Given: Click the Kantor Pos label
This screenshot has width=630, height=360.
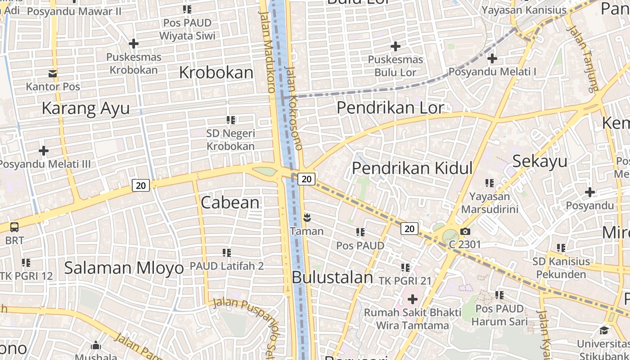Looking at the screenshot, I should pyautogui.click(x=53, y=86).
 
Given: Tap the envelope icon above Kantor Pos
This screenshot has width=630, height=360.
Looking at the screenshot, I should pyautogui.click(x=53, y=73).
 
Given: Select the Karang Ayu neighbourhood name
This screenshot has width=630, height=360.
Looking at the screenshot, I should pyautogui.click(x=85, y=108).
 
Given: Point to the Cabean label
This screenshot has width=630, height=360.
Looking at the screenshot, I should pyautogui.click(x=230, y=202).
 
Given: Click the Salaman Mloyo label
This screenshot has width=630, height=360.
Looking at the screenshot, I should pyautogui.click(x=124, y=268).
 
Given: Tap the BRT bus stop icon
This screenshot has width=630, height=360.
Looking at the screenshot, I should pyautogui.click(x=14, y=227).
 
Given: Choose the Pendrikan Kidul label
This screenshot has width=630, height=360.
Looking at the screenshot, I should pyautogui.click(x=412, y=168).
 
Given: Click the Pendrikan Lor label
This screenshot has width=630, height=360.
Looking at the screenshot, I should pyautogui.click(x=390, y=108).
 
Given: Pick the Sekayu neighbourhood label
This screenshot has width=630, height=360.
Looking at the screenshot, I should pyautogui.click(x=540, y=161).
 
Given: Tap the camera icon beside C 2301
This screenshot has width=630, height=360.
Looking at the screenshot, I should pyautogui.click(x=465, y=232).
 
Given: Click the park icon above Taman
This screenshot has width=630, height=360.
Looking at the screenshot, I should pyautogui.click(x=308, y=218).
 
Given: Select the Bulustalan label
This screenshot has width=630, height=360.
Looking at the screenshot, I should pyautogui.click(x=332, y=277).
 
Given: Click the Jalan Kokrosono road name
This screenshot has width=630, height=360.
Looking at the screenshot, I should pyautogui.click(x=294, y=108).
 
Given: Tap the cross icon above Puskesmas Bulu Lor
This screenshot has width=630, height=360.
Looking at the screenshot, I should pyautogui.click(x=396, y=46).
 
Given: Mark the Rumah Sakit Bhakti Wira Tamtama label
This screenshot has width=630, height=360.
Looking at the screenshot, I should pyautogui.click(x=412, y=319).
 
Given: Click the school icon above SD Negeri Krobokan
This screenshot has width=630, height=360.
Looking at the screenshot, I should pyautogui.click(x=231, y=120).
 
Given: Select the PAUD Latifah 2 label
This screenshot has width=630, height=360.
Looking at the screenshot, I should pyautogui.click(x=226, y=266).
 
